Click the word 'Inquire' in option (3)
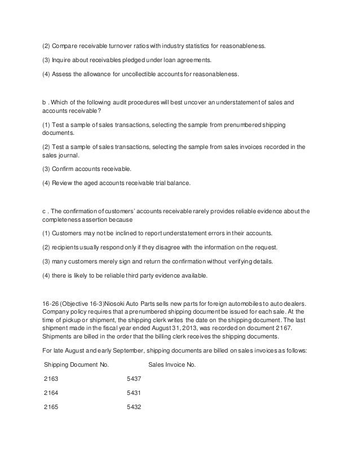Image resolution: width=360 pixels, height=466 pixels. [65, 59]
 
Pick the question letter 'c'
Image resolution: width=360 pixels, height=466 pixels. [45, 212]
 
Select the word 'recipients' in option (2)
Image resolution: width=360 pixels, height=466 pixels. [70, 247]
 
